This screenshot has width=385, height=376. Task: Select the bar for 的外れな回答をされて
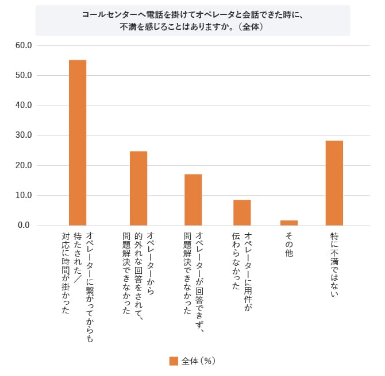pyautogui.click(x=138, y=188)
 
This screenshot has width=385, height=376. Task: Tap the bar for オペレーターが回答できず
pyautogui.click(x=193, y=200)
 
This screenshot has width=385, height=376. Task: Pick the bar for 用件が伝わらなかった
pyautogui.click(x=242, y=212)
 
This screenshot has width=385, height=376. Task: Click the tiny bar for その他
pyautogui.click(x=289, y=223)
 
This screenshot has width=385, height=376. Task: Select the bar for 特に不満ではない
pyautogui.click(x=334, y=183)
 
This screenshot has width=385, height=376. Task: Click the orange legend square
pyautogui.click(x=174, y=361)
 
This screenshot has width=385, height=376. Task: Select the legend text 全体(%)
pyautogui.click(x=198, y=361)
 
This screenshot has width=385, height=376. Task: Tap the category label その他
pyautogui.click(x=289, y=243)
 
